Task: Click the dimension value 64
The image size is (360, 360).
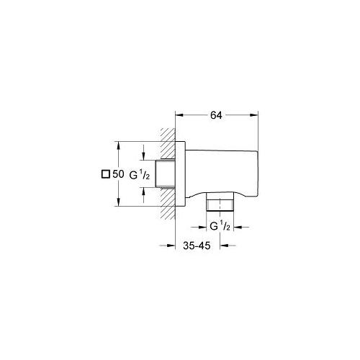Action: pyautogui.click(x=216, y=115)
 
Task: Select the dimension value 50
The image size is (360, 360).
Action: pyautogui.click(x=118, y=174)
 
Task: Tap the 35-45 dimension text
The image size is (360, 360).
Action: pyautogui.click(x=197, y=246)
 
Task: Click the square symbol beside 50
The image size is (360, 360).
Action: pyautogui.click(x=106, y=174)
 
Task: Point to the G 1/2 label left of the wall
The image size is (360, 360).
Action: pyautogui.click(x=140, y=175)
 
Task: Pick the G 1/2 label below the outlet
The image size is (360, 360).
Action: pyautogui.click(x=220, y=226)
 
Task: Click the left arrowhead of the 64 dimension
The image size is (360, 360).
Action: pyautogui.click(x=179, y=115)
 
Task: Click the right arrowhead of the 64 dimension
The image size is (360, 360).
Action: pyautogui.click(x=254, y=115)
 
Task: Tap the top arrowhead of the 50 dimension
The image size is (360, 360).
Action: pyautogui.click(x=118, y=145)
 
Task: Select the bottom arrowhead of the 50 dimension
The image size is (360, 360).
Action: pyautogui.click(x=118, y=202)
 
